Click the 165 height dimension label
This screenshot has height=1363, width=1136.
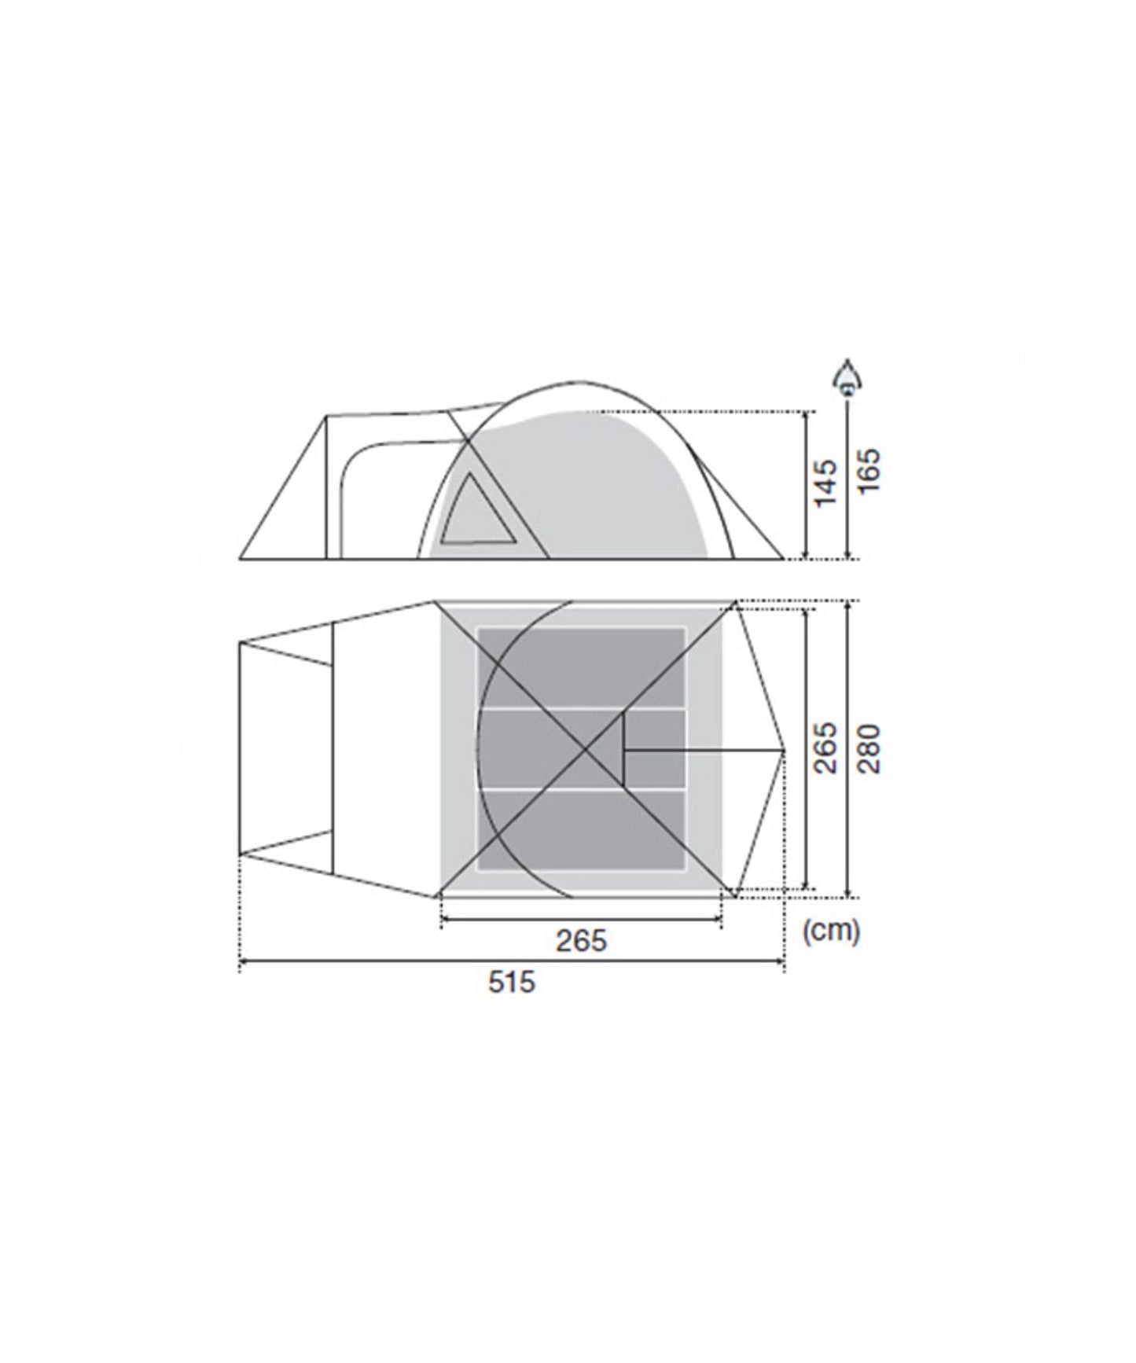(869, 470)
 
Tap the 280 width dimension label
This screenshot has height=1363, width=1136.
(869, 748)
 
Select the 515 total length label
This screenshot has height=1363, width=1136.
(511, 982)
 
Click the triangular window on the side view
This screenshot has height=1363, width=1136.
(476, 516)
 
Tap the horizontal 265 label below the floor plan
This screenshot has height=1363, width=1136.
(582, 940)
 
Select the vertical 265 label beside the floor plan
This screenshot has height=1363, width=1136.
(825, 748)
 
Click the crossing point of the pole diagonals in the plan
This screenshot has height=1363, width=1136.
(586, 749)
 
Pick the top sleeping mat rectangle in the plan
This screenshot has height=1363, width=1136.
(582, 666)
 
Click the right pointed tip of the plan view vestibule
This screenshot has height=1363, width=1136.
(784, 751)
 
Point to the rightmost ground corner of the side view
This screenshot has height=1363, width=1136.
(784, 560)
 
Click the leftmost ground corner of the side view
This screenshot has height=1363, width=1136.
(240, 560)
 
